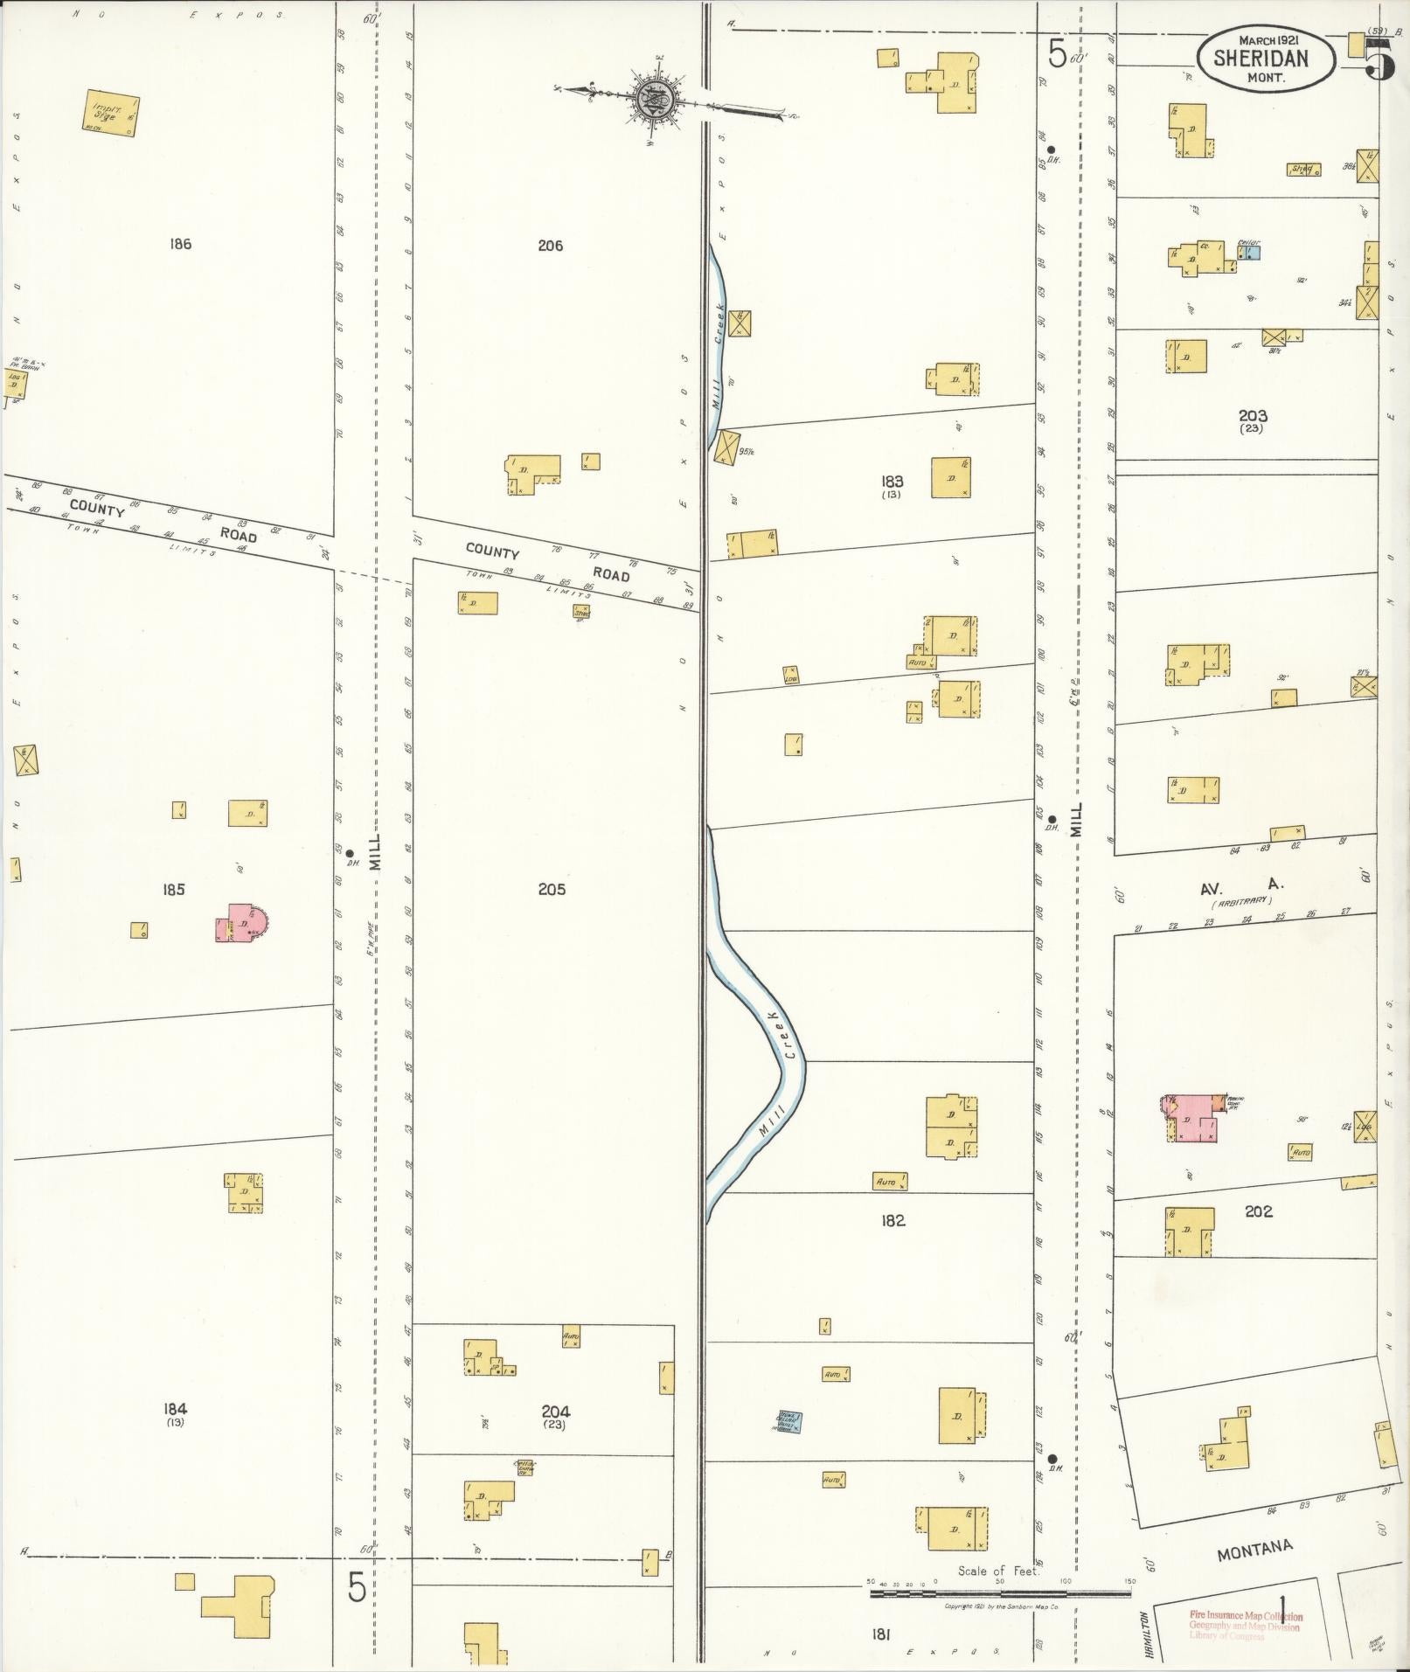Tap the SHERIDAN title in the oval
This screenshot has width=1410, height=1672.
[x=1265, y=59]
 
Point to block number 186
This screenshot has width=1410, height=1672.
[x=180, y=245]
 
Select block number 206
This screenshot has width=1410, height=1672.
[x=550, y=246]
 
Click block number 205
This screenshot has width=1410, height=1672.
[x=552, y=889]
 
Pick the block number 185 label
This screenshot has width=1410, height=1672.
[x=173, y=890]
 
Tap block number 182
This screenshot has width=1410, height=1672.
[x=893, y=1220]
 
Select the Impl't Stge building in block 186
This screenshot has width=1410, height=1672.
[x=112, y=114]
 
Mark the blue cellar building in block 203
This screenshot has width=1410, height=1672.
[x=1249, y=253]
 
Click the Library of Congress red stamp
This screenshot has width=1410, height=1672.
[x=1245, y=1626]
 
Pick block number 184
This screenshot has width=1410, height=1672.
[x=175, y=1408]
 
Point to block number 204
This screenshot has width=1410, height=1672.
[x=555, y=1411]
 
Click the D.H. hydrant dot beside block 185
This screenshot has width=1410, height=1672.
[x=349, y=853]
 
